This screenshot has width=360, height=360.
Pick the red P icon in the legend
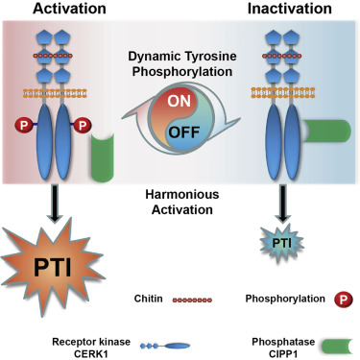(333, 299)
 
